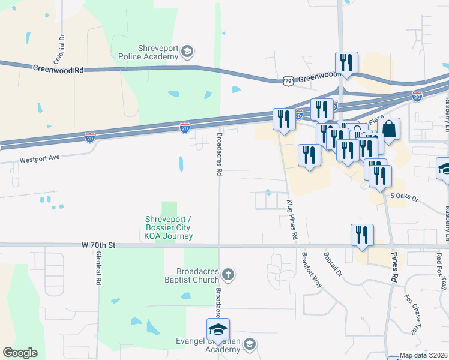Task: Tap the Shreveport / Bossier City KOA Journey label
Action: click(169, 227)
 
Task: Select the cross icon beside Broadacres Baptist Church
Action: click(228, 275)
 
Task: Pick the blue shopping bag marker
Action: click(389, 129)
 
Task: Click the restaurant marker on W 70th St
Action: click(362, 235)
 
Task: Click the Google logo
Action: click(20, 353)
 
